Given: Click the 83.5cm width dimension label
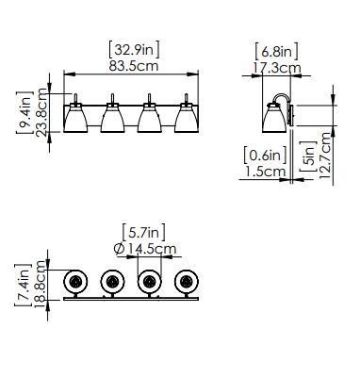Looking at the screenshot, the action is point(134,66).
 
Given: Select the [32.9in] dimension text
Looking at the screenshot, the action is point(134,50).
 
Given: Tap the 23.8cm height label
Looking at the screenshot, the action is point(41,112).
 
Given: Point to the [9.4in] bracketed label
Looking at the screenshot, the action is point(25,112).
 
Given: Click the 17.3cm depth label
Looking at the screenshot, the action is point(277,68).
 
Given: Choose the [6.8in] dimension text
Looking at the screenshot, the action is point(276,51).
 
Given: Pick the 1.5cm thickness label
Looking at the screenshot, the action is point(266,172).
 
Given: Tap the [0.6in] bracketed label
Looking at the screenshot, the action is point(266,156).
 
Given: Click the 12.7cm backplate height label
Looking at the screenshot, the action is point(325,156).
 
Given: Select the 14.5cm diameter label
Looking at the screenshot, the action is point(153,249).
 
